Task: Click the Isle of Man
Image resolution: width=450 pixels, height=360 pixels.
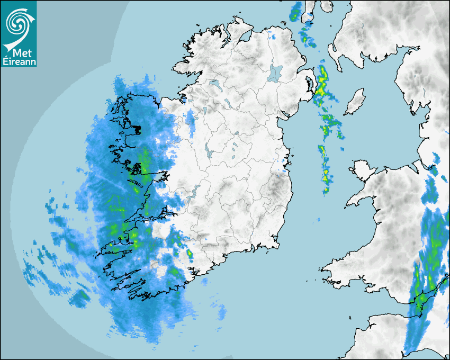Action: click(355, 102)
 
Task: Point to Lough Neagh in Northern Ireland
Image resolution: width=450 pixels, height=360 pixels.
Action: click(275, 73)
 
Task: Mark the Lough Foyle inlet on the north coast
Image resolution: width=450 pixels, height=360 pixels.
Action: click(245, 38)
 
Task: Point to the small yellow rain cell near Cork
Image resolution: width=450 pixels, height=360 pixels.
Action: click(190, 256)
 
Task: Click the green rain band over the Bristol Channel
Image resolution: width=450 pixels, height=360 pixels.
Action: click(421, 302)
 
